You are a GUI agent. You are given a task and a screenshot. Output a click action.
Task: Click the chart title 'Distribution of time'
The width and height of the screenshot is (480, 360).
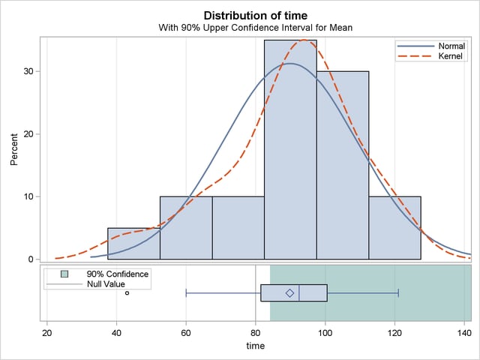coord(255,15)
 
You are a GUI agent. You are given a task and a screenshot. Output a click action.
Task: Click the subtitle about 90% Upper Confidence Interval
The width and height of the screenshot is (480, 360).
coord(255,28)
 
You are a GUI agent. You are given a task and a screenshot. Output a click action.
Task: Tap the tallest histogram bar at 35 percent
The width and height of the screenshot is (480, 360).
coord(290,150)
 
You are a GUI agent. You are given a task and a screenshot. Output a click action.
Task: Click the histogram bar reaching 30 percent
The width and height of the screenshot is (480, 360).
coord(343,165)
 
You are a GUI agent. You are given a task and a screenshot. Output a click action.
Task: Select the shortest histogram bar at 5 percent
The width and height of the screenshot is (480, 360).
coord(133,244)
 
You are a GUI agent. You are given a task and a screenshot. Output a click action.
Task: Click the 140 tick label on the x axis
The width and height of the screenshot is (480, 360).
coord(463,331)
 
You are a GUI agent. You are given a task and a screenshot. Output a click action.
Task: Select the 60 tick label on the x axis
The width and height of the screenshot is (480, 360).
coord(186,331)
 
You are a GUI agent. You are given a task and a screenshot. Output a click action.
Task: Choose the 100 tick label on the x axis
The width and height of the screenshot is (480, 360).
coord(325,331)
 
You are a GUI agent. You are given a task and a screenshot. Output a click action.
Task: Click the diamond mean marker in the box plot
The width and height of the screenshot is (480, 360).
coord(290,292)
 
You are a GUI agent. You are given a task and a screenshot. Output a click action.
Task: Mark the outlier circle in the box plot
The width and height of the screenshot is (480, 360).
coord(127,292)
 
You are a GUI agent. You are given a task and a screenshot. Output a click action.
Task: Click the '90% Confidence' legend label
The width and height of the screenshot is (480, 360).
coord(118,274)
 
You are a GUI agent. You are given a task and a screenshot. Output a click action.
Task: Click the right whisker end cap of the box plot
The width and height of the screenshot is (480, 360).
coord(398,292)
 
